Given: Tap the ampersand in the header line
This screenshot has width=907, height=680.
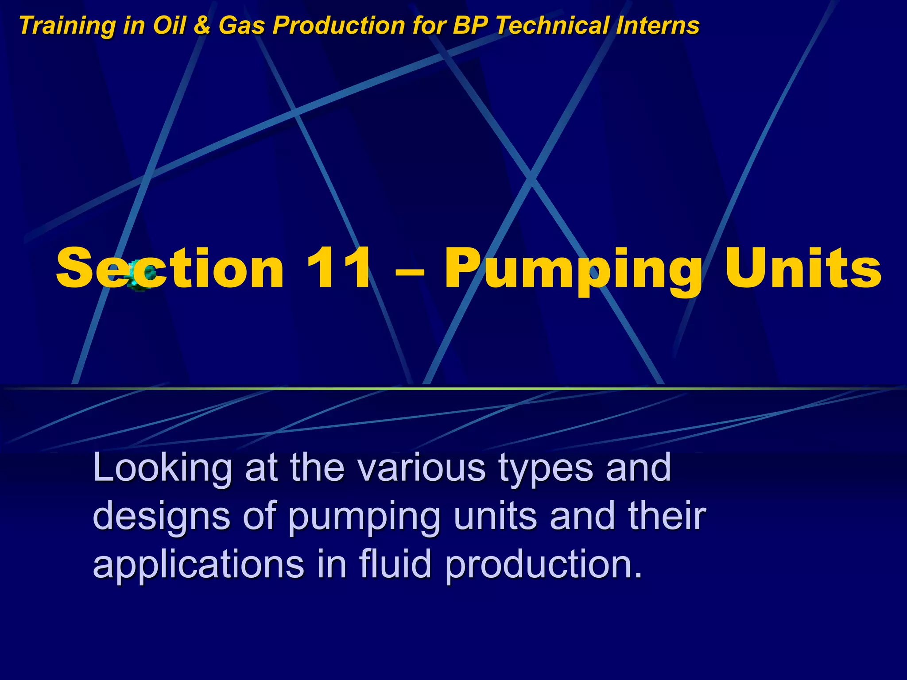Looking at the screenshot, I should click(202, 26).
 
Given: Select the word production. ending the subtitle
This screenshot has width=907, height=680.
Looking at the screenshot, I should click(543, 566).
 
